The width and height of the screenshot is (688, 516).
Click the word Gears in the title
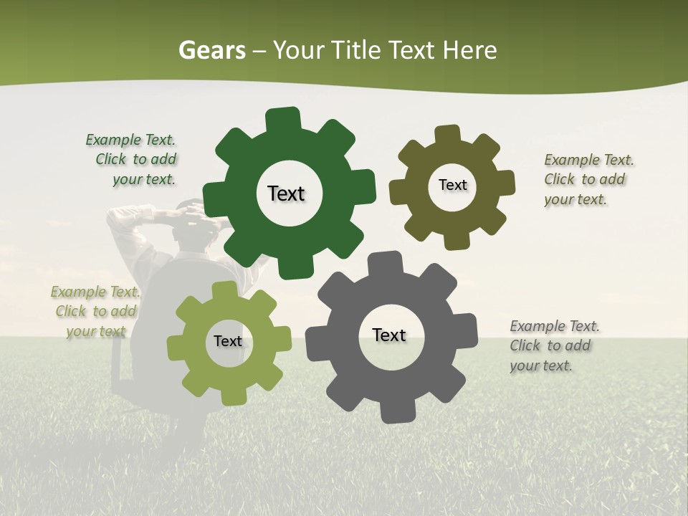click(x=211, y=50)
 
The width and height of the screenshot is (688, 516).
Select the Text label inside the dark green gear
click(x=286, y=193)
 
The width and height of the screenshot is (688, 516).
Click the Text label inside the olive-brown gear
click(x=452, y=185)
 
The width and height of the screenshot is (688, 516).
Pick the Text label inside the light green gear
click(x=228, y=341)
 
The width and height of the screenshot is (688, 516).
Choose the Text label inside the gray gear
click(x=389, y=335)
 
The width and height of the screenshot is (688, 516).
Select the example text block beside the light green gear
click(x=95, y=311)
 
